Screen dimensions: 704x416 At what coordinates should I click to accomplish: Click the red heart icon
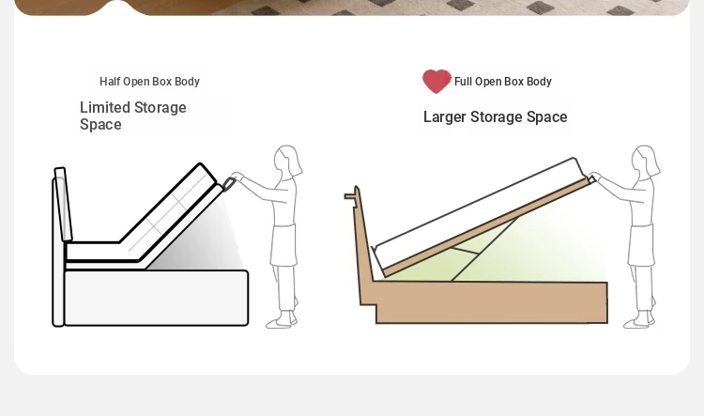click(436, 82)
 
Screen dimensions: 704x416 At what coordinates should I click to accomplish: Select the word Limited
click(105, 107)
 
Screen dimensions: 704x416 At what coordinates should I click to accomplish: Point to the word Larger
click(445, 117)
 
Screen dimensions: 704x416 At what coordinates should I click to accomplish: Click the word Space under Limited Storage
click(100, 125)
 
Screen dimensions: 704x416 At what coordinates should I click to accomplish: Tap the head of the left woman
click(288, 161)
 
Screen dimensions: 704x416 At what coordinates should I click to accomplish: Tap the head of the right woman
click(645, 161)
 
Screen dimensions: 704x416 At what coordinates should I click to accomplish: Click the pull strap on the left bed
click(229, 183)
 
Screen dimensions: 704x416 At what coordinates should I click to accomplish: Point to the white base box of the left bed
click(156, 298)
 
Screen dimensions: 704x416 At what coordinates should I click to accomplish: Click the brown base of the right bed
click(492, 302)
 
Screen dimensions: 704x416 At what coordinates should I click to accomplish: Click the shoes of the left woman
click(282, 321)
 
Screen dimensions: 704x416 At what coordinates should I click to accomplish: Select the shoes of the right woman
click(639, 321)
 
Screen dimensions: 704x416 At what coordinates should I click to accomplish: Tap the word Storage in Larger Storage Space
click(497, 117)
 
